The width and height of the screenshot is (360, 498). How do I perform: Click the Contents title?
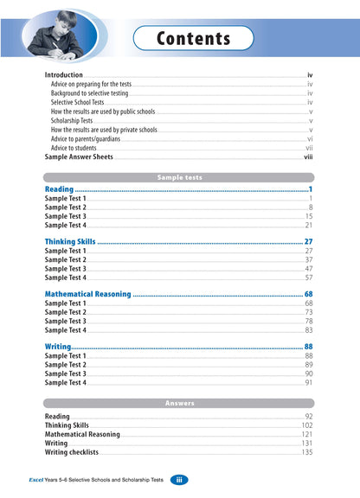[194, 39]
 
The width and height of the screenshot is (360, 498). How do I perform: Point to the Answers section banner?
[179, 403]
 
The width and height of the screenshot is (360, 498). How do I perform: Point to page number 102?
[306, 425]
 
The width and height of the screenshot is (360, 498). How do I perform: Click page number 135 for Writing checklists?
[306, 452]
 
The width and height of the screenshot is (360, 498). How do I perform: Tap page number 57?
[308, 278]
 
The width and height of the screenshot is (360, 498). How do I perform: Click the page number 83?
[308, 330]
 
